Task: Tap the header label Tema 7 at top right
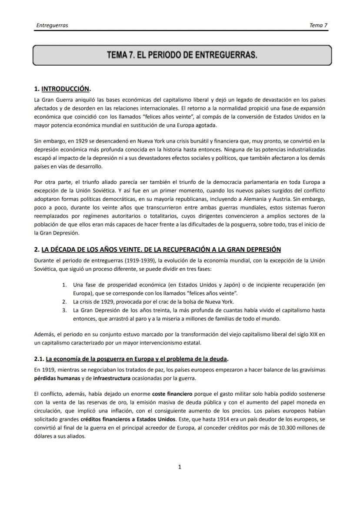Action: [x=318, y=25]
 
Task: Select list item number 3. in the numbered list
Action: [x=64, y=310]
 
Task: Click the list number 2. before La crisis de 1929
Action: [x=64, y=302]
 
